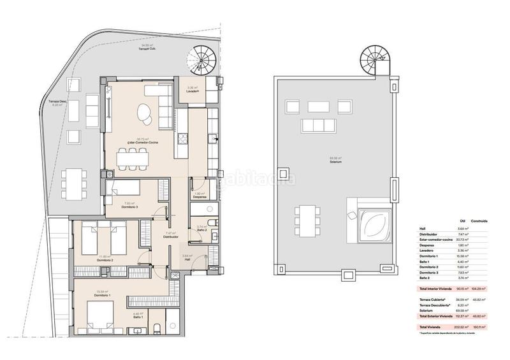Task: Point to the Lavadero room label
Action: [194, 92]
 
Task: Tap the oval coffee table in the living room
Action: [145, 115]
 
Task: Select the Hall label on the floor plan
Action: [187, 259]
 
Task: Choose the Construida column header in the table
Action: [479, 221]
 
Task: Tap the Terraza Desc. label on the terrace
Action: [58, 102]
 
